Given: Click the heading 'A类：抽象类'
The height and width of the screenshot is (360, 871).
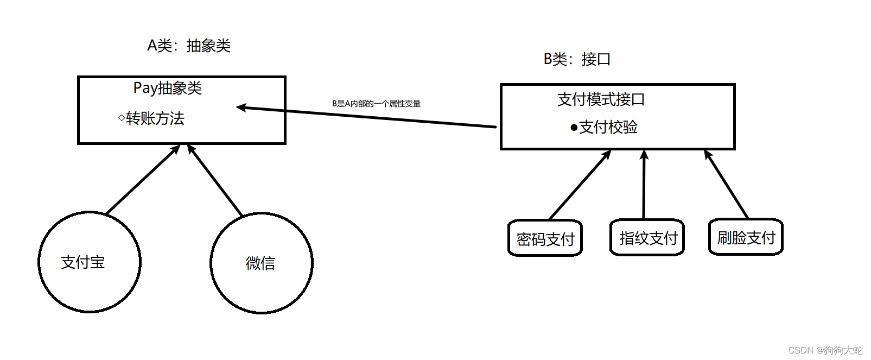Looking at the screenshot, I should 189,46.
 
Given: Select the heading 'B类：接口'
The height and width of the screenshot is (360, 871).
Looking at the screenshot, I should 577,59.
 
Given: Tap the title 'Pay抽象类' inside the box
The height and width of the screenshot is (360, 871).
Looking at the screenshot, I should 168,88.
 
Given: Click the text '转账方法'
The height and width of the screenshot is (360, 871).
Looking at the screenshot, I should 155,118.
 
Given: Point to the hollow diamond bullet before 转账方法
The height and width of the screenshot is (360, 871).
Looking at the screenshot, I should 121,117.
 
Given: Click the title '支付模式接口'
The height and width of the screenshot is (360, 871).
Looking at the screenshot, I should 601,99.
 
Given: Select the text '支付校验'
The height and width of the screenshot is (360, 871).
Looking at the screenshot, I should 608,127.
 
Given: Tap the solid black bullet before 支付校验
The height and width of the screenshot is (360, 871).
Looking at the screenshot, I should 574,128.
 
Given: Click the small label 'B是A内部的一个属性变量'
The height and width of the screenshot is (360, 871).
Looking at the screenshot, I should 376,104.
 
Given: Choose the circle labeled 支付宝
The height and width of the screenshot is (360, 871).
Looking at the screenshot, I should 90,262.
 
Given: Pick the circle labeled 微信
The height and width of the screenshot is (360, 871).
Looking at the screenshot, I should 262,263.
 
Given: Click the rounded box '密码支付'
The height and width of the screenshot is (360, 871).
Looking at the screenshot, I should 545,238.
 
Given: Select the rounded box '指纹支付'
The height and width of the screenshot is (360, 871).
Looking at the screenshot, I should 647,238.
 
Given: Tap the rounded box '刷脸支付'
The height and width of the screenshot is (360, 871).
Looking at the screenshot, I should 746,237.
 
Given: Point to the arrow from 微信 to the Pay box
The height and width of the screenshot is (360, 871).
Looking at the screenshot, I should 215,180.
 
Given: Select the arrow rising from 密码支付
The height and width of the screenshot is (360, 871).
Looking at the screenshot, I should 580,185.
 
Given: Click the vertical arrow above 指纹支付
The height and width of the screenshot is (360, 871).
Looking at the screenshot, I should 644,185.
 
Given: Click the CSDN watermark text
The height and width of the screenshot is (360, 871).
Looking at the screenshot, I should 825,350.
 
